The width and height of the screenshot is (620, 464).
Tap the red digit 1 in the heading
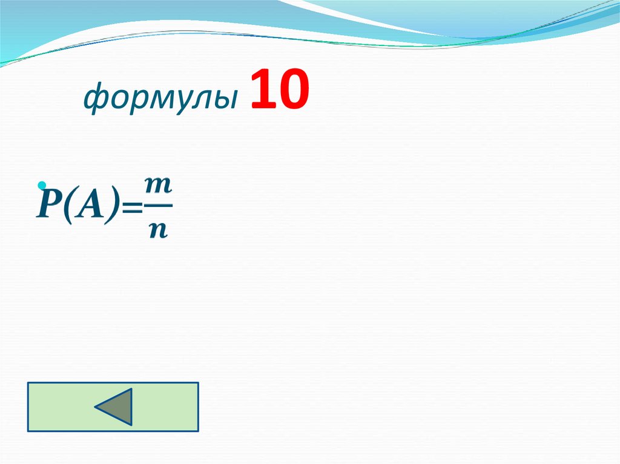[x=260, y=90]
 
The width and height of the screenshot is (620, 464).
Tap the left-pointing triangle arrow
[x=114, y=407]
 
